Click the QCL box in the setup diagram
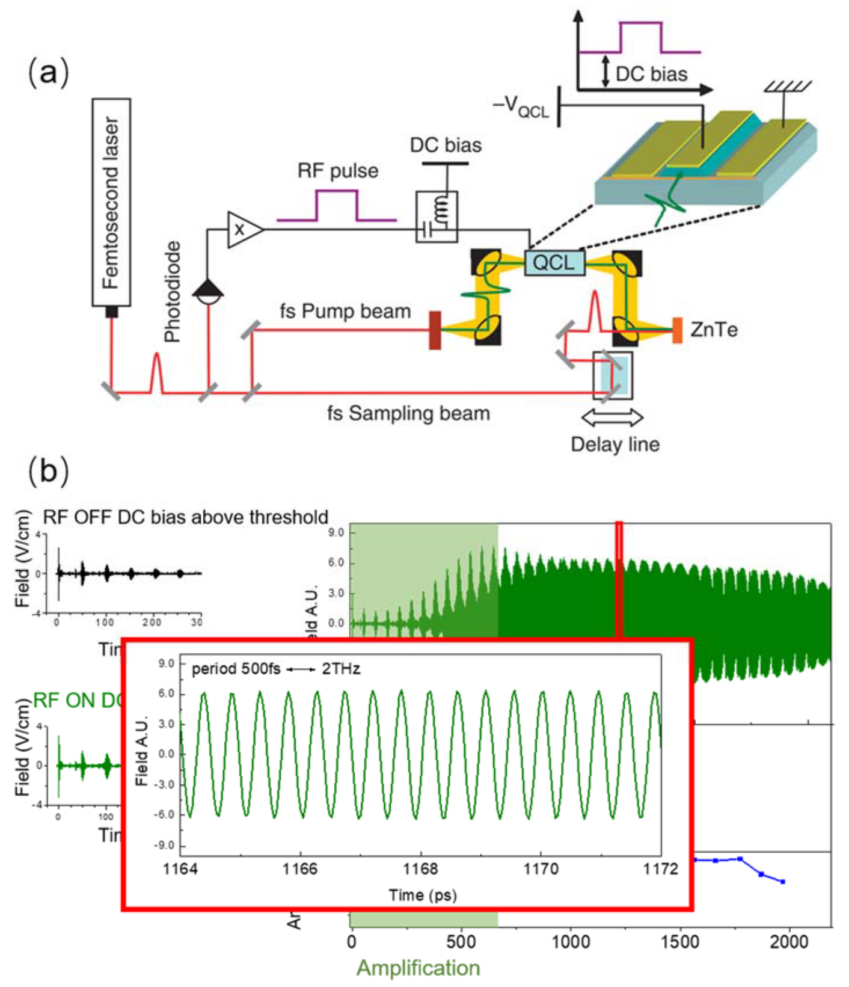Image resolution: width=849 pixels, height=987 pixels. pyautogui.click(x=554, y=263)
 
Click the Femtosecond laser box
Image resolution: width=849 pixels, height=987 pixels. pyautogui.click(x=111, y=202)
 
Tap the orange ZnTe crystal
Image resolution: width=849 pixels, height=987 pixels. pyautogui.click(x=677, y=330)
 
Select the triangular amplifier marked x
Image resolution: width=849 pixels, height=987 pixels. pyautogui.click(x=243, y=229)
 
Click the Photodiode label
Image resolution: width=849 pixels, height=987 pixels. pyautogui.click(x=173, y=292)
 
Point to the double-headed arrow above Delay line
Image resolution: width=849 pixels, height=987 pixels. pyautogui.click(x=612, y=417)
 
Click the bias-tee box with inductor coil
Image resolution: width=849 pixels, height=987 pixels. pyautogui.click(x=437, y=217)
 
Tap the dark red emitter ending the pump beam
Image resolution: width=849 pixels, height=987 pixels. pyautogui.click(x=435, y=330)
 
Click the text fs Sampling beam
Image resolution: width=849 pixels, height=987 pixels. pyautogui.click(x=408, y=413)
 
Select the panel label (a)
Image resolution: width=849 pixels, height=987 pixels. pyautogui.click(x=49, y=72)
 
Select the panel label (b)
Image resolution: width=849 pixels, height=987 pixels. pyautogui.click(x=49, y=470)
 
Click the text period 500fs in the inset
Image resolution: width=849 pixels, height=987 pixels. pyautogui.click(x=236, y=669)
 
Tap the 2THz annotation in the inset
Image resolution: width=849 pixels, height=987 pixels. pyautogui.click(x=341, y=669)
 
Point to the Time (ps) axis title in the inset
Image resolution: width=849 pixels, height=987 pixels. pyautogui.click(x=422, y=895)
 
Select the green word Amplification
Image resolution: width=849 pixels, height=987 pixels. pyautogui.click(x=418, y=968)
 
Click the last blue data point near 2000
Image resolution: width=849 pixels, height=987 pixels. pyautogui.click(x=782, y=882)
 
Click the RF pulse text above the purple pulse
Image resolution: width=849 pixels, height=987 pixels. pyautogui.click(x=337, y=171)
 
